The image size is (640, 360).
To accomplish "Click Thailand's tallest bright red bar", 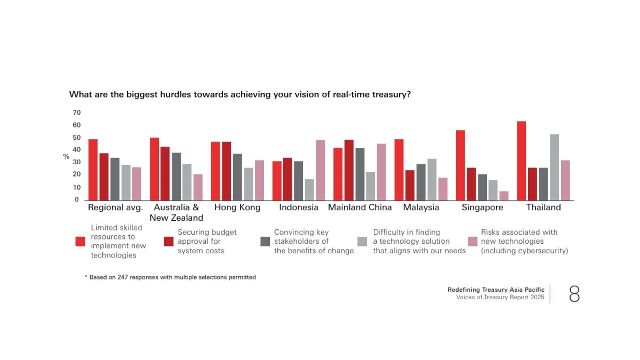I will [522, 161].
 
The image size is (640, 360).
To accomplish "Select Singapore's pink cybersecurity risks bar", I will [504, 196].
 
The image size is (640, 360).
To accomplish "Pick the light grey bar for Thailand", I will [554, 167].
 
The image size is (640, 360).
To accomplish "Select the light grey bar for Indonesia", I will [309, 190].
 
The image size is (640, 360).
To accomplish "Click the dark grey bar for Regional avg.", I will [115, 179].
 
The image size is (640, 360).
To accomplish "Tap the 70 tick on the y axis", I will [76, 113].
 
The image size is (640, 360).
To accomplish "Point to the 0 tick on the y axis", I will [76, 200].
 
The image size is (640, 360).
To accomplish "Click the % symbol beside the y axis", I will [66, 157].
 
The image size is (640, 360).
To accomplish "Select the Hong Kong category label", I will [237, 207].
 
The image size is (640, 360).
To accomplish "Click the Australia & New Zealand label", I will [176, 212].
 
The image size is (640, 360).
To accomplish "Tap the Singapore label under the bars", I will [482, 207].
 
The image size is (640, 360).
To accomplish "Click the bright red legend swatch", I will [80, 242].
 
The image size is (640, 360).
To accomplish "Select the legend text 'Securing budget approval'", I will [207, 237].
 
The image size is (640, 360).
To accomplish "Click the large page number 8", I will [574, 294].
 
